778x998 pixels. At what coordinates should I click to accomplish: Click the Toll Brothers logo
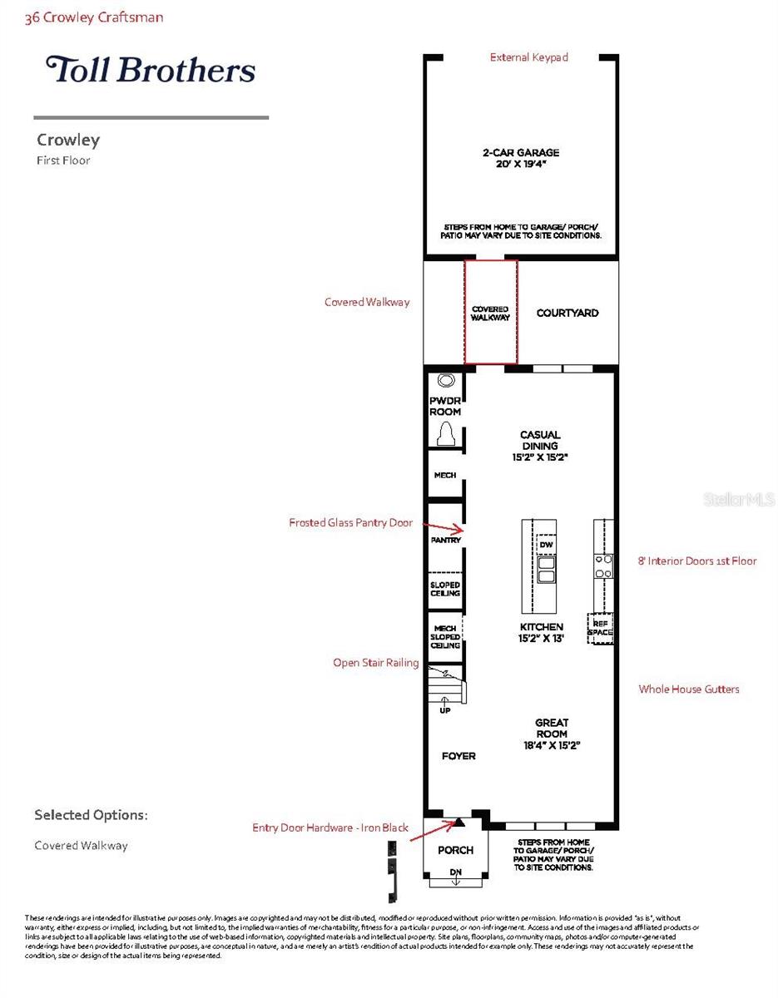(x=151, y=69)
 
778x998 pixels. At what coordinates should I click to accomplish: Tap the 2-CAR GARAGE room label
(x=521, y=158)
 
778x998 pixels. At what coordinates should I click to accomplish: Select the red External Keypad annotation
(x=528, y=57)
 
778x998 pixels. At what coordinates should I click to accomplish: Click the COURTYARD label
(x=567, y=314)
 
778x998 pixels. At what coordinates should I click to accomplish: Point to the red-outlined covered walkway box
(x=490, y=313)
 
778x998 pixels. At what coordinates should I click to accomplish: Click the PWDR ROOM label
(x=445, y=407)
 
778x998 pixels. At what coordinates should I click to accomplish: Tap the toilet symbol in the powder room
(x=445, y=433)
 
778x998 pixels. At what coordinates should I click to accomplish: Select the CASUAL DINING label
(x=540, y=446)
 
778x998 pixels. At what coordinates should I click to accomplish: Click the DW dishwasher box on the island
(x=546, y=545)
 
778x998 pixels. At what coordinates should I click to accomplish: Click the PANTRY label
(x=445, y=541)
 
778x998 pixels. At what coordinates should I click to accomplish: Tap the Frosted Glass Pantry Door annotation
(x=350, y=523)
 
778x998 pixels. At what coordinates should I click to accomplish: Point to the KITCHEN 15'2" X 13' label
(x=541, y=632)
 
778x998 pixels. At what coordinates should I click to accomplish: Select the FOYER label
(x=458, y=756)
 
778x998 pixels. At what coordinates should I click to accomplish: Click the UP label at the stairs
(x=444, y=711)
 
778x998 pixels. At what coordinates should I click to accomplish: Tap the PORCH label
(x=455, y=850)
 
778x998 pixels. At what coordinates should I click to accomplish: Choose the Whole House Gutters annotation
(x=688, y=689)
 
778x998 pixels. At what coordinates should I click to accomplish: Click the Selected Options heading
(x=91, y=815)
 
